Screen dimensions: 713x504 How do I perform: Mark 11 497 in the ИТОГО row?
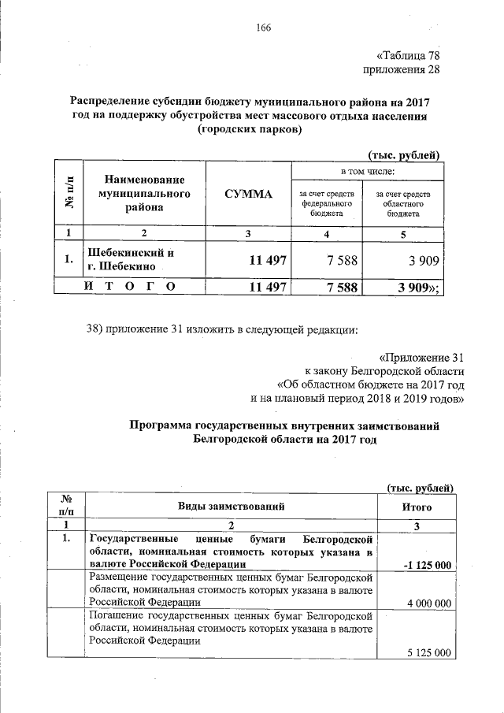pyautogui.click(x=267, y=288)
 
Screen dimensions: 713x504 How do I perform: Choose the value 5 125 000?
pyautogui.click(x=428, y=653)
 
